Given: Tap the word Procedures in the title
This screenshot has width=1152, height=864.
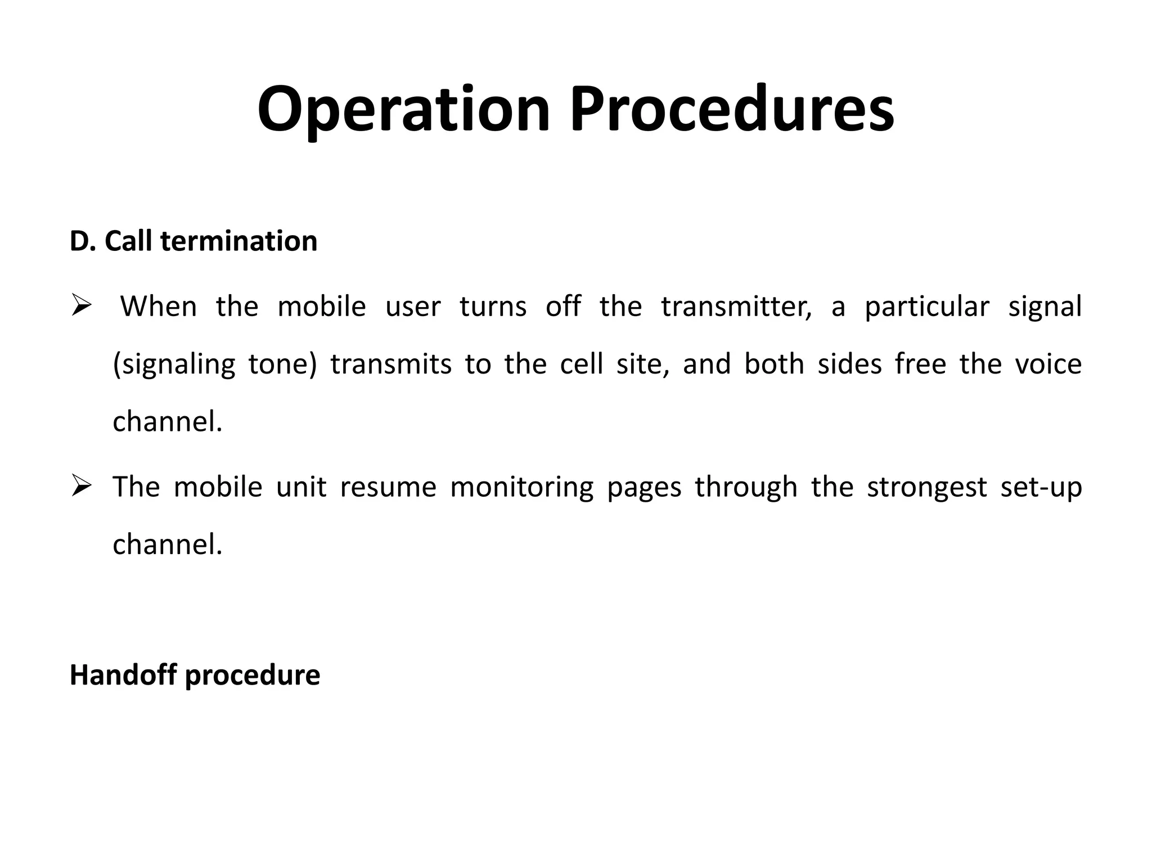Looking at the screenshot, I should tap(732, 109).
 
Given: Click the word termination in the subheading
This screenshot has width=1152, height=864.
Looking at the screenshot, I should tap(238, 241).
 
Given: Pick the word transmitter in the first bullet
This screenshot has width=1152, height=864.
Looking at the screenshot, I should tap(736, 307).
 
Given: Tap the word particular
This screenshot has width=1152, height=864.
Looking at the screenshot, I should tap(926, 307).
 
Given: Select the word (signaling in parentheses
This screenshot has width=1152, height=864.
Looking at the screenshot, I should tap(174, 364).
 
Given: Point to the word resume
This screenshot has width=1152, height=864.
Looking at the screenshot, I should tap(388, 487).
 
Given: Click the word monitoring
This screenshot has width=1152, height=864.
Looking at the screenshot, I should tap(521, 487).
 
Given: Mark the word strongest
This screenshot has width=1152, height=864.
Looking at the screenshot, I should tap(926, 487).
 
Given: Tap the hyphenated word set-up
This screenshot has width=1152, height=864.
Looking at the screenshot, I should tap(1041, 487).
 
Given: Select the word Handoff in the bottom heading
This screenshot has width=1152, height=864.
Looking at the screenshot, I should tap(123, 675).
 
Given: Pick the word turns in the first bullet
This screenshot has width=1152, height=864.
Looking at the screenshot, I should tap(493, 307).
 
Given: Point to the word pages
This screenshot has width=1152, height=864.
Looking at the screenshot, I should tap(643, 487).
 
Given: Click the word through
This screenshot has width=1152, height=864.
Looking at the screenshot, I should tap(746, 487).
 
